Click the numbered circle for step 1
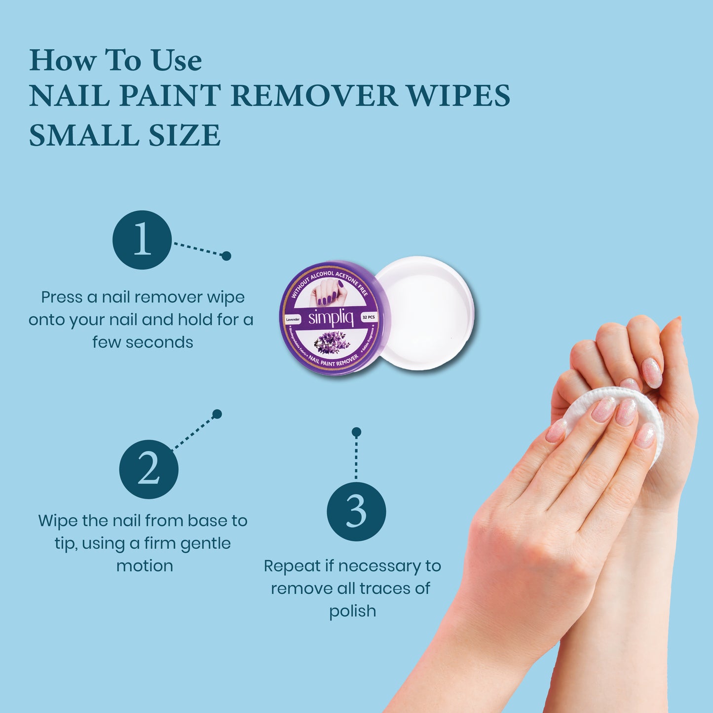142,240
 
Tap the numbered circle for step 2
149,469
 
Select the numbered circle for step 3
356,511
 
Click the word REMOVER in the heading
314,96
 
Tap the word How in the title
63,61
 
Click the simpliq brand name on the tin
331,318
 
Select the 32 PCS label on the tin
369,318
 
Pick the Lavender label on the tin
293,320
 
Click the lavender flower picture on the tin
332,341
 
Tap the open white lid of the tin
424,313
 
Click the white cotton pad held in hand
612,419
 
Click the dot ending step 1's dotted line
226,256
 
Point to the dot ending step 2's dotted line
217,414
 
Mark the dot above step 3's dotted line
356,432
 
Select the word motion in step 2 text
145,565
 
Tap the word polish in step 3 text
353,611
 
